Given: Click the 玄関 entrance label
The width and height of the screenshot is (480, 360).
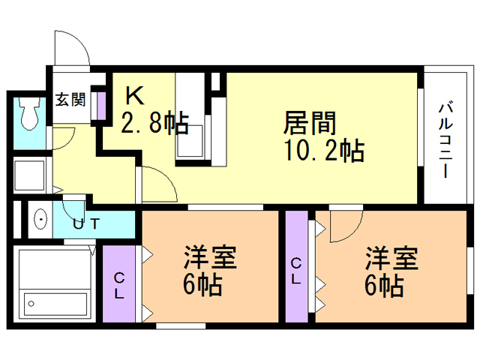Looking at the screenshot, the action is tap(70, 100).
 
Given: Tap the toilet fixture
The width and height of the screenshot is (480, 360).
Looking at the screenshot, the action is tap(29, 113).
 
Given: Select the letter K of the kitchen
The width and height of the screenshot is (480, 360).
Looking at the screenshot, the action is tap(135, 95).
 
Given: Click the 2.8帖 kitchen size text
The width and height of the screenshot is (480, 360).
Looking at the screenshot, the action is tap(154, 123).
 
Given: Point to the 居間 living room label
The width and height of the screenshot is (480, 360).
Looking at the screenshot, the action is tap(310, 123).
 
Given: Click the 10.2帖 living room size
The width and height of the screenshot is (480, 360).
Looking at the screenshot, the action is tap(325, 150).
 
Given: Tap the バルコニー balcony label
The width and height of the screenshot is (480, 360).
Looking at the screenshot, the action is tap(446, 139).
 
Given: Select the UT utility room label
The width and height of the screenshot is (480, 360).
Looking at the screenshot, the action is tap(86, 223).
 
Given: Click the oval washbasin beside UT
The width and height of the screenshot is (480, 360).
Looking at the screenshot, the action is tap(40, 219).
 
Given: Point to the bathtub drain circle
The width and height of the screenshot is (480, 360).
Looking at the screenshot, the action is tap(31, 304).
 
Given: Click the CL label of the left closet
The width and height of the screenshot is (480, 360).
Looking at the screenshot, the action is tap(118, 286).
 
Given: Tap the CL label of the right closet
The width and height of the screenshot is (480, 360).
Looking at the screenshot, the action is tap(295, 271).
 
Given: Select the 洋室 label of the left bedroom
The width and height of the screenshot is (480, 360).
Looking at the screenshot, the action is tap(210, 257).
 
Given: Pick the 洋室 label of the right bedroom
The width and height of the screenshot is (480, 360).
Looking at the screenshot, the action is tap(391, 258).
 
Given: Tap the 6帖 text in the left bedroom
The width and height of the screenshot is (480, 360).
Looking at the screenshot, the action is tap(202, 284).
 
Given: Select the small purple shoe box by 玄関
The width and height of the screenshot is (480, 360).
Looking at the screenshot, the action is tap(101, 106).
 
